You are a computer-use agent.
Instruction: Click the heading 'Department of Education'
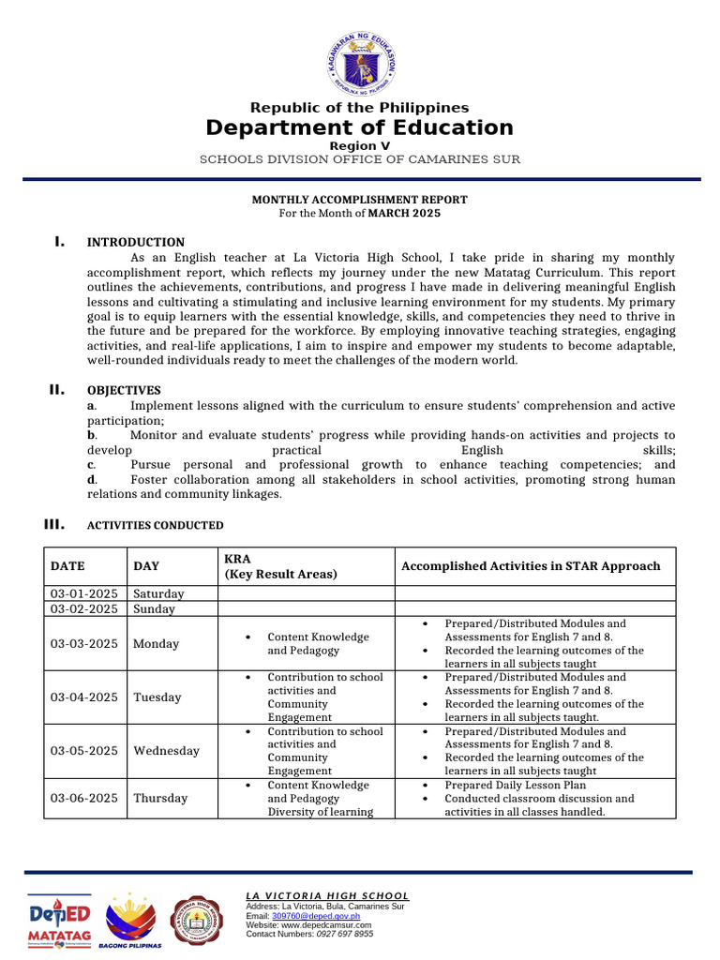(359, 127)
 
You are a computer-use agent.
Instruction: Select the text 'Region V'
(359, 146)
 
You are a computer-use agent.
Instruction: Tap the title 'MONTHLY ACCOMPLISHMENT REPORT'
(359, 200)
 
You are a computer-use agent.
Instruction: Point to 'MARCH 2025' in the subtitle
(404, 213)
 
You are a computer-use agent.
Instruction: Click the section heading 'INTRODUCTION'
(136, 242)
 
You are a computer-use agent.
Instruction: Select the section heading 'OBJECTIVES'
(124, 390)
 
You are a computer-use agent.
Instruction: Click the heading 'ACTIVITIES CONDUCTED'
(155, 525)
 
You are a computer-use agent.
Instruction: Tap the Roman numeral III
(54, 524)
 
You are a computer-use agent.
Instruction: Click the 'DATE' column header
(67, 566)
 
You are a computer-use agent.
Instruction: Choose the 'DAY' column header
(146, 566)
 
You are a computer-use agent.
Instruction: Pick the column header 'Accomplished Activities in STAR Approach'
(530, 566)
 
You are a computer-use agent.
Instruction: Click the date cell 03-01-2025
(84, 593)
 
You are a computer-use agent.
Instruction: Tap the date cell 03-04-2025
(84, 697)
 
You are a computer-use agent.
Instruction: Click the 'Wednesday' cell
(166, 751)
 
